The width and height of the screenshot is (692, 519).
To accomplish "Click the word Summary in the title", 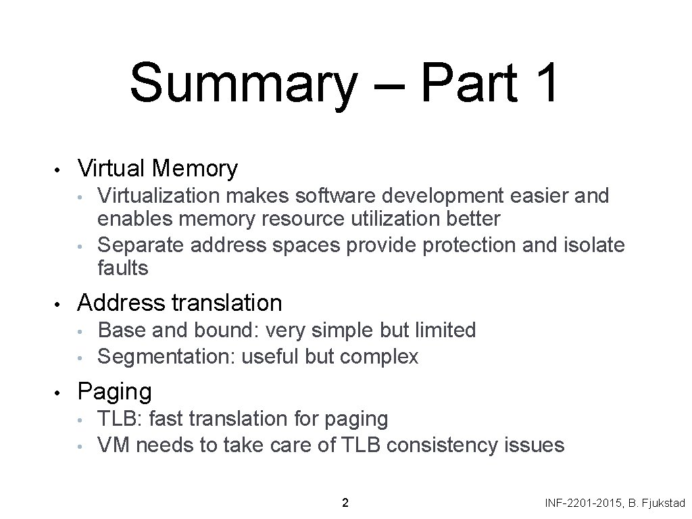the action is (x=243, y=83).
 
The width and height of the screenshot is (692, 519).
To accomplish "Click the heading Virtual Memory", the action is (x=158, y=168).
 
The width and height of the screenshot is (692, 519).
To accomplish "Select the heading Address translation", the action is (x=180, y=303).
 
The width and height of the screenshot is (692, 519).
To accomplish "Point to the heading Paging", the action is (x=115, y=391).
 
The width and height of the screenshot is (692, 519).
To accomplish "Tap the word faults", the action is (x=122, y=268).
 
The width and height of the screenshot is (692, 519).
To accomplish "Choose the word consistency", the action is (x=445, y=445).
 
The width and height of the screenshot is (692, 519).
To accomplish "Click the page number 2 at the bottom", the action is (x=345, y=503).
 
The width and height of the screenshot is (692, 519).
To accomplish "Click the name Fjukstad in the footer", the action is (x=662, y=503).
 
